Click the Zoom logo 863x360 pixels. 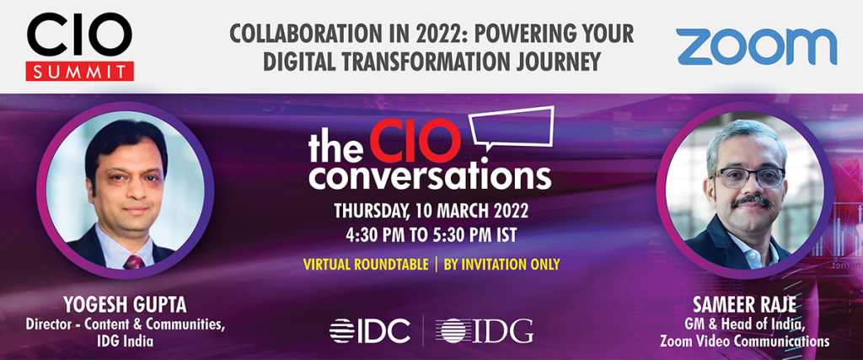(x=757, y=46)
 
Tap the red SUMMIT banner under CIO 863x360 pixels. (x=80, y=71)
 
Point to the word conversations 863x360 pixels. (x=430, y=177)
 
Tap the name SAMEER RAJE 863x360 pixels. (x=744, y=304)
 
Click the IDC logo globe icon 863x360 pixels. (x=342, y=330)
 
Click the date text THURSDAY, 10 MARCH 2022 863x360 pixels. (x=431, y=211)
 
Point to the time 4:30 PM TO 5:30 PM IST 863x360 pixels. (x=431, y=235)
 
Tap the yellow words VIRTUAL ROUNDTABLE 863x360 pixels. (x=366, y=264)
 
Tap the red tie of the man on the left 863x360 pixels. (x=134, y=261)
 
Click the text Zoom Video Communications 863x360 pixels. (x=744, y=341)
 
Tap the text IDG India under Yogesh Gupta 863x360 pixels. (x=125, y=341)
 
